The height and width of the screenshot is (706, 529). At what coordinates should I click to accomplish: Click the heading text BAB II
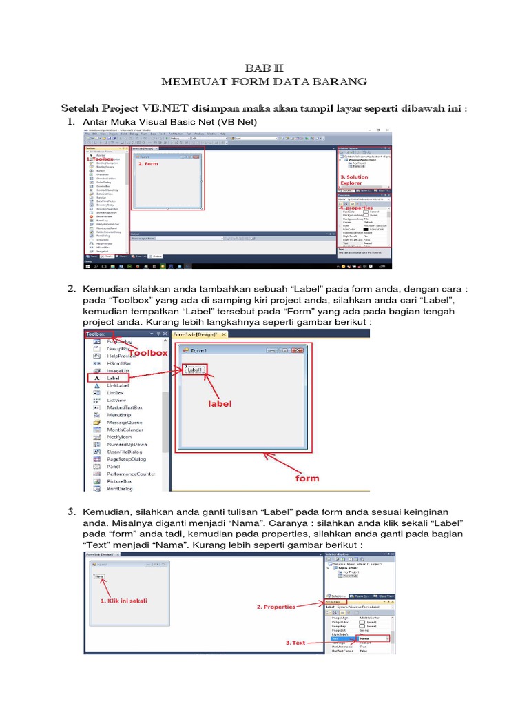[x=264, y=68]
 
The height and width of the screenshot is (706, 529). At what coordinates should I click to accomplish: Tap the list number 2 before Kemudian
[x=71, y=288]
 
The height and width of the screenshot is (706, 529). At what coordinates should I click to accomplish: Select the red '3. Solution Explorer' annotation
[x=354, y=180]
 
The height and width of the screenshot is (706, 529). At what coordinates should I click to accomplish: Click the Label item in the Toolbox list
[x=113, y=379]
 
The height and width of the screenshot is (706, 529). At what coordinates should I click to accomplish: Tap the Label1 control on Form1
[x=194, y=370]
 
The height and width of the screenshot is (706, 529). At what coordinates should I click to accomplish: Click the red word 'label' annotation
[x=220, y=404]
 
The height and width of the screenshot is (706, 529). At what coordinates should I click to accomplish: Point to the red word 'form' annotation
[x=307, y=478]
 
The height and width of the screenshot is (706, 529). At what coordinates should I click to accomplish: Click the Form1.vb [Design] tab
[x=195, y=334]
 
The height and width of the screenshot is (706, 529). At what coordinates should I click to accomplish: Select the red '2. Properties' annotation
[x=276, y=607]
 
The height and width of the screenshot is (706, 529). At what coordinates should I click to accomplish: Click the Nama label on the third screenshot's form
[x=99, y=576]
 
